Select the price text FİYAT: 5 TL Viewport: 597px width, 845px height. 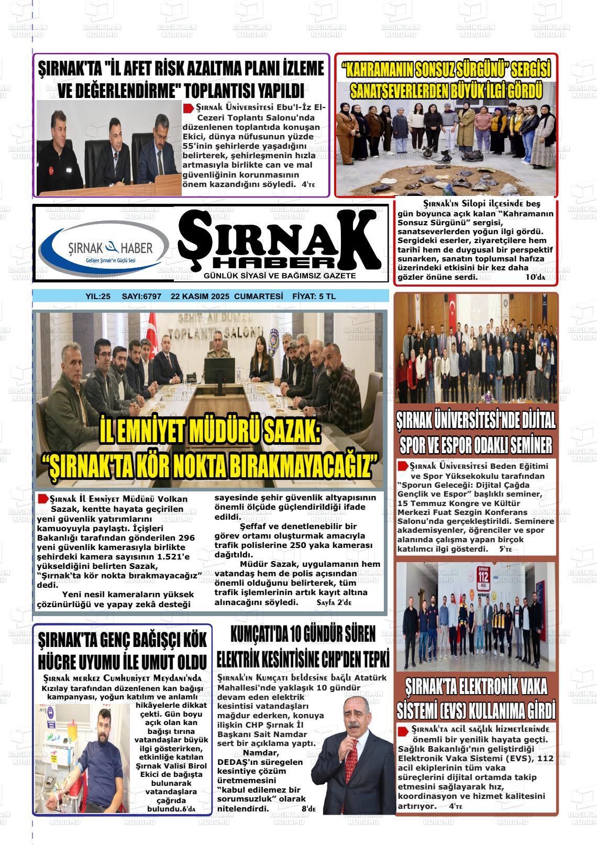[x=313, y=297]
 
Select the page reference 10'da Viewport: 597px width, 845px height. [x=535, y=277]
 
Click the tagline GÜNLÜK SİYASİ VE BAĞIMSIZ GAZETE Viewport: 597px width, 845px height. [x=280, y=276]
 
